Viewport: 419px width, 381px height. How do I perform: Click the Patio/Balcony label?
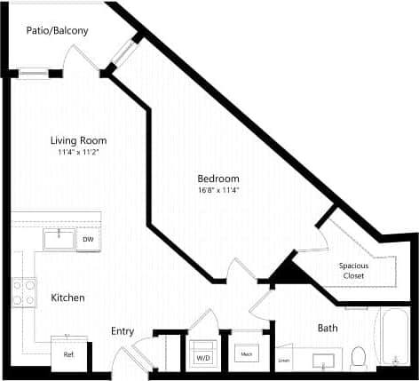57,31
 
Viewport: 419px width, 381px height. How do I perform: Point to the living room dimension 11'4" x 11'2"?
75,152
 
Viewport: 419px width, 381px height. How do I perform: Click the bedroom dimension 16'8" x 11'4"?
218,190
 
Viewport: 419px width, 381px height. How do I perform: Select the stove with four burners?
23,292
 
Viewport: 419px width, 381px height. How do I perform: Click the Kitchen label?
67,298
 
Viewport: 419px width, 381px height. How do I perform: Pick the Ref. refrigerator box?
68,353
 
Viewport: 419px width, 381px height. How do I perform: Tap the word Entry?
123,331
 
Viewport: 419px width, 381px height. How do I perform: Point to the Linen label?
284,360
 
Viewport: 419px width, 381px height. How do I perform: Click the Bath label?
328,328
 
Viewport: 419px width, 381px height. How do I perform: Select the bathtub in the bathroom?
394,337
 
